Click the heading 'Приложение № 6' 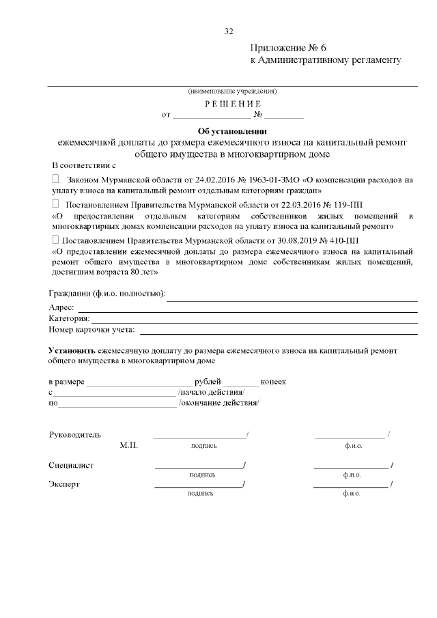pyautogui.click(x=290, y=48)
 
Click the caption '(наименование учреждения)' pyautogui.click(x=232, y=92)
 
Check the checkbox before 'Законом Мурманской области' pyautogui.click(x=56, y=178)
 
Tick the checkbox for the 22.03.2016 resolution pyautogui.click(x=56, y=203)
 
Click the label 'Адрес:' pyautogui.click(x=62, y=308)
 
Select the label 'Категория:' pyautogui.click(x=69, y=319)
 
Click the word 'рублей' pyautogui.click(x=208, y=382)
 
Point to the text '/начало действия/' pyautogui.click(x=211, y=393)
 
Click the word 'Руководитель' pyautogui.click(x=75, y=434)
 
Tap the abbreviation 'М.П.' pyautogui.click(x=128, y=445)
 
